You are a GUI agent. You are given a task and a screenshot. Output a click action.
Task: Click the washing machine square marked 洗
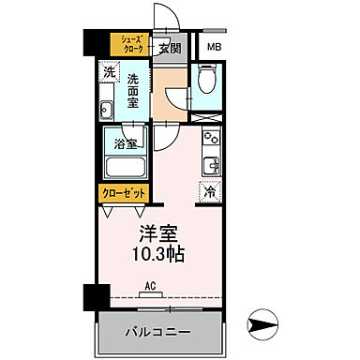[110, 71]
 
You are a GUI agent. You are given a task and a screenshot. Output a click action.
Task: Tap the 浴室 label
[126, 145]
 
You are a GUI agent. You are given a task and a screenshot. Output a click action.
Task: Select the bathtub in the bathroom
[125, 168]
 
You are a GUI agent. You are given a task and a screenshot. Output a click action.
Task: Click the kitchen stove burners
[210, 143]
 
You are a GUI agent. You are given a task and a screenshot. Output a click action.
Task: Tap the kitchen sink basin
[211, 167]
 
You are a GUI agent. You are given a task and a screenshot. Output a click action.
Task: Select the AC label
[150, 291]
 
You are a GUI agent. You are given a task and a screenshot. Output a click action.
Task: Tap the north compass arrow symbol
[262, 326]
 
